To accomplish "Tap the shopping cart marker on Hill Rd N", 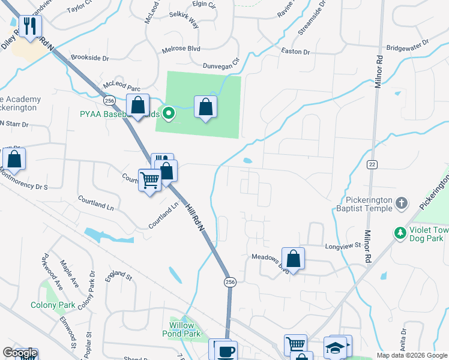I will click(x=149, y=180).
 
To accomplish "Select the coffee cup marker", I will click(x=226, y=351).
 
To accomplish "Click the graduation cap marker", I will click(x=335, y=347).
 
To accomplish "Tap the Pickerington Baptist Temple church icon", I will click(x=402, y=204).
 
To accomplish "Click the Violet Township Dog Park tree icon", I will click(x=400, y=232).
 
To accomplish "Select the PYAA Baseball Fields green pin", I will click(x=169, y=112).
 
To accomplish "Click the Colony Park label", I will click(x=53, y=305).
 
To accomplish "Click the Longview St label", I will click(x=342, y=245).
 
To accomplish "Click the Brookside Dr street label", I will click(x=89, y=59).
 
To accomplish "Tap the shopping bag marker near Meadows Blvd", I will click(x=293, y=259).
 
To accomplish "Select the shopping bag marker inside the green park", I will click(x=205, y=107).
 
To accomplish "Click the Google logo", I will click(x=20, y=353).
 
